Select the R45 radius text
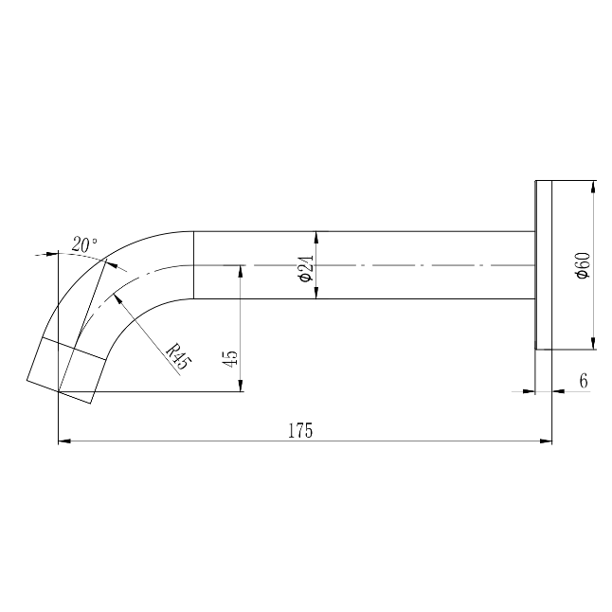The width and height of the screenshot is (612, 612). click(x=175, y=356)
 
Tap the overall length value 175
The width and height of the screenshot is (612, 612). click(x=300, y=430)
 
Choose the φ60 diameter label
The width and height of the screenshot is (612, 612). click(x=582, y=265)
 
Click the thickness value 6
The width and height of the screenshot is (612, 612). click(x=583, y=380)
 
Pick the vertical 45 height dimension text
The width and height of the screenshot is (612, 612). click(x=229, y=358)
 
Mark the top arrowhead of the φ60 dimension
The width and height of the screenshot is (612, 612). click(x=592, y=187)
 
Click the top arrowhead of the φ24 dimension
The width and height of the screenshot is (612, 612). click(x=315, y=236)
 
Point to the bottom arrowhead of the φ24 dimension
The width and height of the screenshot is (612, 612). click(x=315, y=293)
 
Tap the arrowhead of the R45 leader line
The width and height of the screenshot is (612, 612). click(x=117, y=297)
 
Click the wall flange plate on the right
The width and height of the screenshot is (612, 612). click(x=544, y=265)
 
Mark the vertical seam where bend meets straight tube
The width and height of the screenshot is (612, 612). click(x=193, y=265)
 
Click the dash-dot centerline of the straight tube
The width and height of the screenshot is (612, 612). click(x=398, y=265)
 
